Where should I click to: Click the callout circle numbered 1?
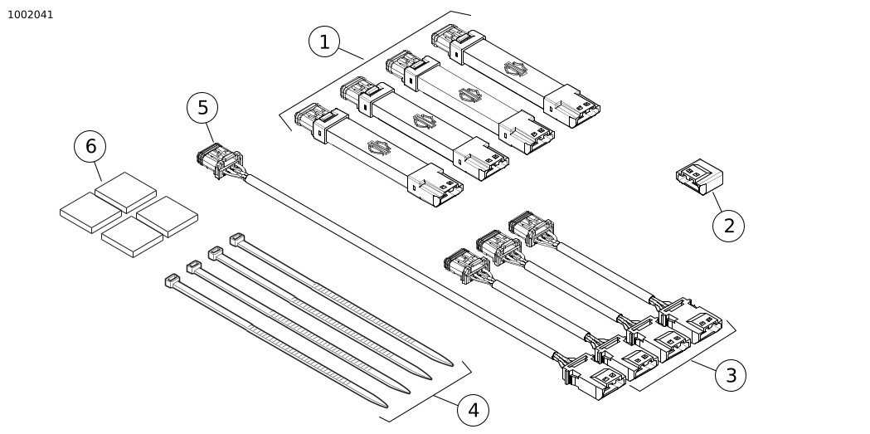[324, 41]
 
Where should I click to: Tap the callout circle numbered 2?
[728, 225]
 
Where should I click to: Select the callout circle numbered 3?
[730, 375]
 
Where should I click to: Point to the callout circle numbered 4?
[473, 410]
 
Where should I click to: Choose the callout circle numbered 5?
[202, 108]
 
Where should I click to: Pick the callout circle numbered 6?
[90, 147]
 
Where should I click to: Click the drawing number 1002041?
[31, 14]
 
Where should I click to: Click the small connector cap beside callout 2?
[698, 177]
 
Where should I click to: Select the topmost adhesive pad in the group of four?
[126, 192]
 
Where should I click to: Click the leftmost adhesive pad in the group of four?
[90, 212]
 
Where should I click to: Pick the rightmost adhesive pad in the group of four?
[167, 216]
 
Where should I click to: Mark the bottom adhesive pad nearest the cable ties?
[132, 237]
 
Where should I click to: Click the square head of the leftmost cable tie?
[173, 280]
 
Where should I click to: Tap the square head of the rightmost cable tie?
[236, 239]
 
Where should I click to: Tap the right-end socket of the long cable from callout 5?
[595, 379]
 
